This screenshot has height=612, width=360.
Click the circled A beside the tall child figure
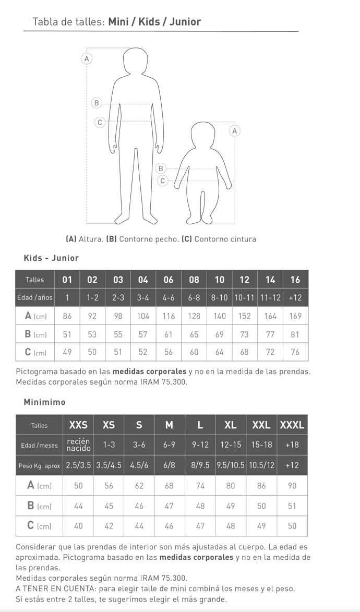[87, 59]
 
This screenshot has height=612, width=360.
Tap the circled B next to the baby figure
[161, 169]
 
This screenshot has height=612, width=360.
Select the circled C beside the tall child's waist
[100, 122]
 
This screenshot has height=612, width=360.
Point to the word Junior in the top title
[185, 22]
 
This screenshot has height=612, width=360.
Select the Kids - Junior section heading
[51, 258]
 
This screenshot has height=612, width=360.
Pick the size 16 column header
[295, 280]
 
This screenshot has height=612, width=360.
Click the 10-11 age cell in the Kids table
[244, 297]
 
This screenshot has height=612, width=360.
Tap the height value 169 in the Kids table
[295, 316]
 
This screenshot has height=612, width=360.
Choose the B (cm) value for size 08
[194, 334]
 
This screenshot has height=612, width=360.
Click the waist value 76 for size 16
[295, 352]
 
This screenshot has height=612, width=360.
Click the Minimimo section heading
[44, 402]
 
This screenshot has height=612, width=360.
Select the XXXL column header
[292, 425]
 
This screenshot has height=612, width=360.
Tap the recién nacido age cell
[78, 445]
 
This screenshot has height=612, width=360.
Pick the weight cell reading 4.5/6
[139, 465]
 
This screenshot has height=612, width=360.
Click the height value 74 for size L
[200, 485]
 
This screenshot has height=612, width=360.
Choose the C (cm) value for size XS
[109, 526]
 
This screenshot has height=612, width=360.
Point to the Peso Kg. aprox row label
[39, 465]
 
